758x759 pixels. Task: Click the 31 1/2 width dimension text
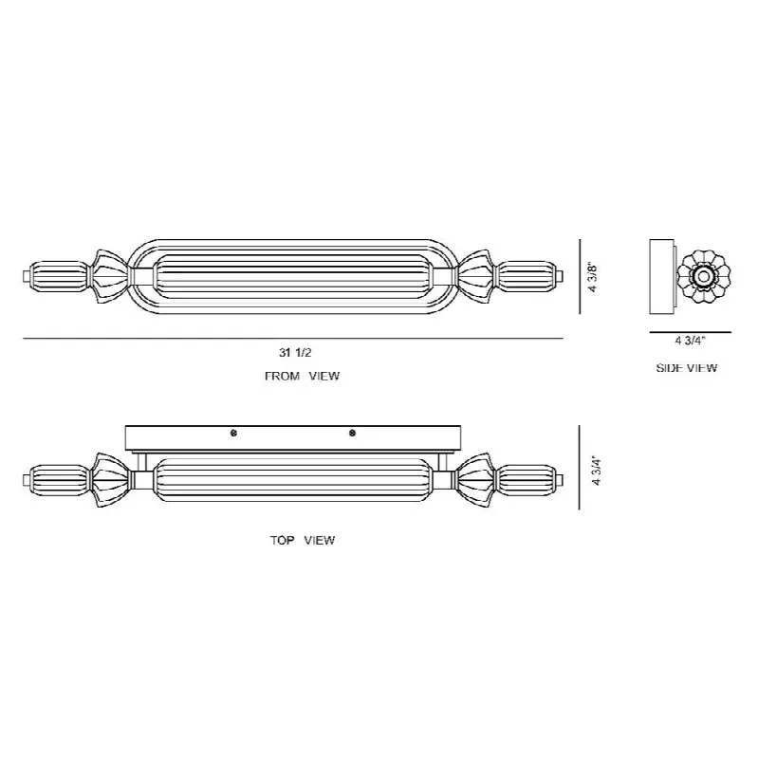pyautogui.click(x=295, y=352)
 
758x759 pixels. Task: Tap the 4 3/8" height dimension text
pyautogui.click(x=593, y=277)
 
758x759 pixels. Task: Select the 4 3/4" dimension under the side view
pyautogui.click(x=691, y=341)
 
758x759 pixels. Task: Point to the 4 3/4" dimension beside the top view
pyautogui.click(x=596, y=471)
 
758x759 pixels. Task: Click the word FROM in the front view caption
pyautogui.click(x=282, y=376)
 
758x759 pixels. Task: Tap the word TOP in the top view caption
pyautogui.click(x=282, y=540)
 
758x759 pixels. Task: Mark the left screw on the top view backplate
pyautogui.click(x=233, y=434)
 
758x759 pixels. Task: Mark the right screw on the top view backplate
pyautogui.click(x=352, y=434)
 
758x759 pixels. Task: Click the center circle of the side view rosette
pyautogui.click(x=702, y=277)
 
